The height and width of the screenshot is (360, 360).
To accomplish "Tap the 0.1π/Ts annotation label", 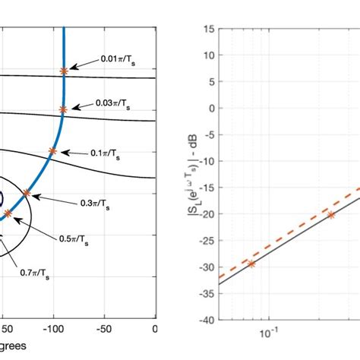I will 105,153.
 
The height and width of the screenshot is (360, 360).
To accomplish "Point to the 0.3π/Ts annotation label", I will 96,204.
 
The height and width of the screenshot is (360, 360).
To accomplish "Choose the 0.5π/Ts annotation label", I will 74,241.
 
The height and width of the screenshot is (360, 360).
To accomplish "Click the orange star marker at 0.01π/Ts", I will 64,71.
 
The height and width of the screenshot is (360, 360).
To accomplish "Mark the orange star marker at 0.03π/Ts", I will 63,110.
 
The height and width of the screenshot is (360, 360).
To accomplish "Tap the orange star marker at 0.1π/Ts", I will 52,151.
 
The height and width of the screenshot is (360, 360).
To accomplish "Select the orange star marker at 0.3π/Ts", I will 27,193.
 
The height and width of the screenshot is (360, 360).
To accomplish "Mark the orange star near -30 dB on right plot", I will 251,264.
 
